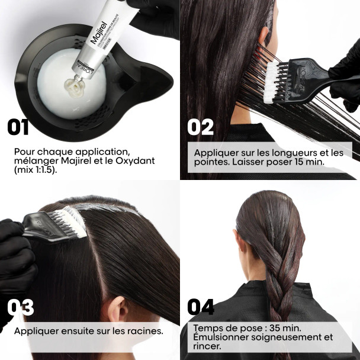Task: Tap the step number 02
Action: pos(201,127)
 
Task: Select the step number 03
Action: pos(21,307)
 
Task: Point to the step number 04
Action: pos(201,307)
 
